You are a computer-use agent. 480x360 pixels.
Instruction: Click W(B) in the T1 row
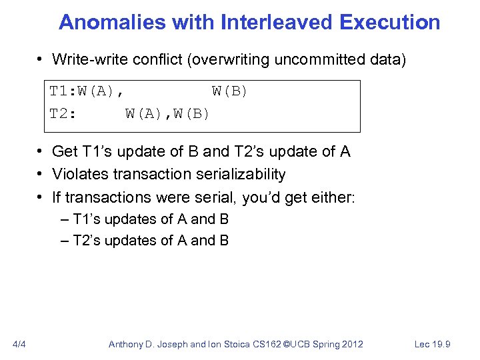pyautogui.click(x=229, y=91)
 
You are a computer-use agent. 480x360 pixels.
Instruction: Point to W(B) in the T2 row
pyautogui.click(x=191, y=113)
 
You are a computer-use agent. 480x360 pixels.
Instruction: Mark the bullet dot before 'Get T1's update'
pyautogui.click(x=41, y=152)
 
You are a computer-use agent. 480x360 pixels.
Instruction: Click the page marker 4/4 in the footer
pyautogui.click(x=19, y=344)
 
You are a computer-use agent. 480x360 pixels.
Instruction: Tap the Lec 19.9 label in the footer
pyautogui.click(x=433, y=344)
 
